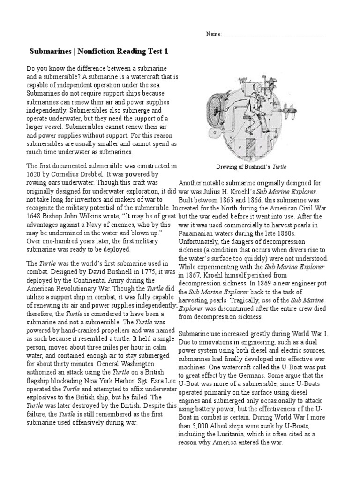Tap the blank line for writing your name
(273, 36)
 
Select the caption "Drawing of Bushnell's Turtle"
(251, 166)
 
